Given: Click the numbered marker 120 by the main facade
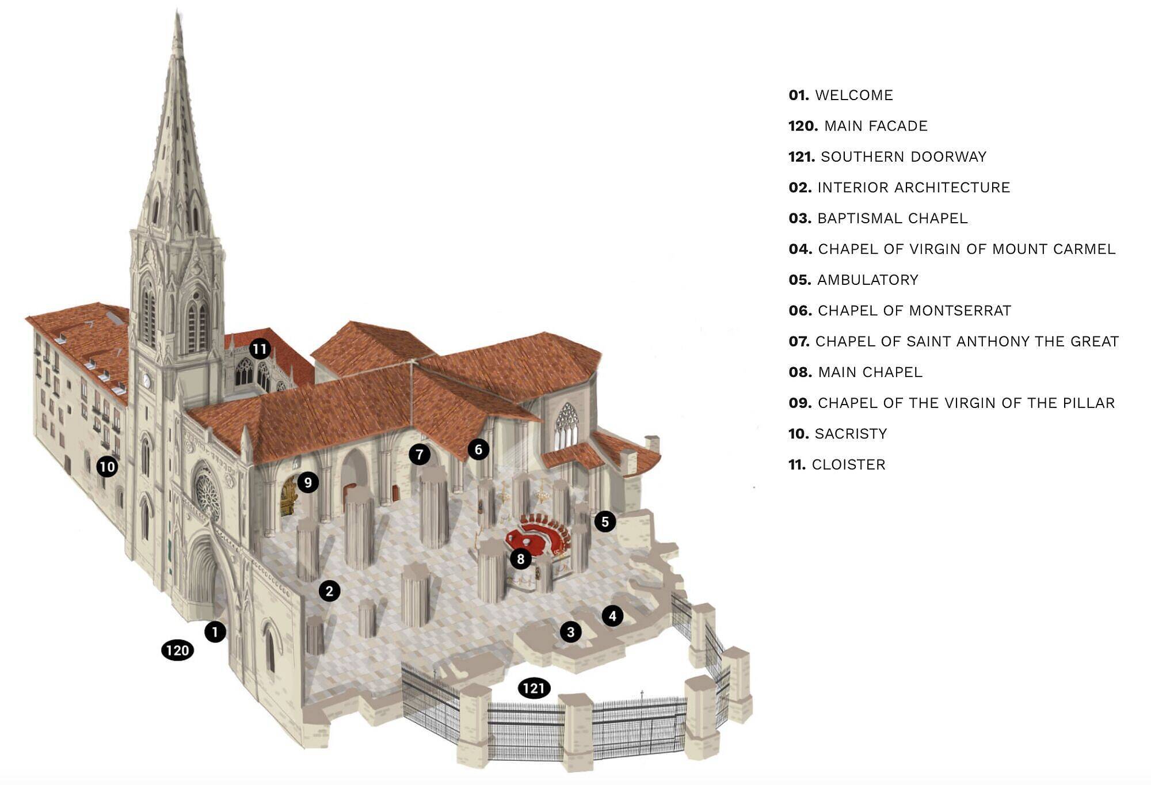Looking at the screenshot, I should point(177,650).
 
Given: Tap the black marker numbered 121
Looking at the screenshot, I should point(534,688).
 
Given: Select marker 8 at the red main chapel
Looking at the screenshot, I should point(520,558).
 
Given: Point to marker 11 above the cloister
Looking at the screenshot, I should point(260,348).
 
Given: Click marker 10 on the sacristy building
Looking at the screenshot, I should point(107,466).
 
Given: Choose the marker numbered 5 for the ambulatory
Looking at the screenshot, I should point(605,522).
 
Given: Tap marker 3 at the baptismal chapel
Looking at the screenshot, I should point(570,632).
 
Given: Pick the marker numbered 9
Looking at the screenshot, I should point(308,482).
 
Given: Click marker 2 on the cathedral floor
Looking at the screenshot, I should point(329,590).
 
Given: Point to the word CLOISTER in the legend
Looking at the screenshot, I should point(848,464).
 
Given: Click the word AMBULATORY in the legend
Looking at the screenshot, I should point(867,280).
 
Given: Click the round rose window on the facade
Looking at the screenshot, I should point(207,494).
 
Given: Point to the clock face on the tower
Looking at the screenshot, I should point(146,380).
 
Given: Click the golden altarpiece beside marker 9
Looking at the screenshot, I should point(288,497).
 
